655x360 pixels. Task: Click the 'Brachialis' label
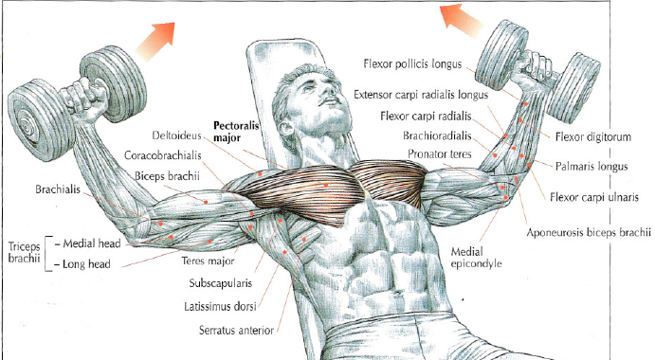pyautogui.click(x=60, y=189)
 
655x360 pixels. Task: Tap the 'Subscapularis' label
pyautogui.click(x=219, y=282)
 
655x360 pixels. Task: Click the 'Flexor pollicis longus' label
pyautogui.click(x=413, y=64)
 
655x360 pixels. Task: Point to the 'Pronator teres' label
pyautogui.click(x=441, y=153)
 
